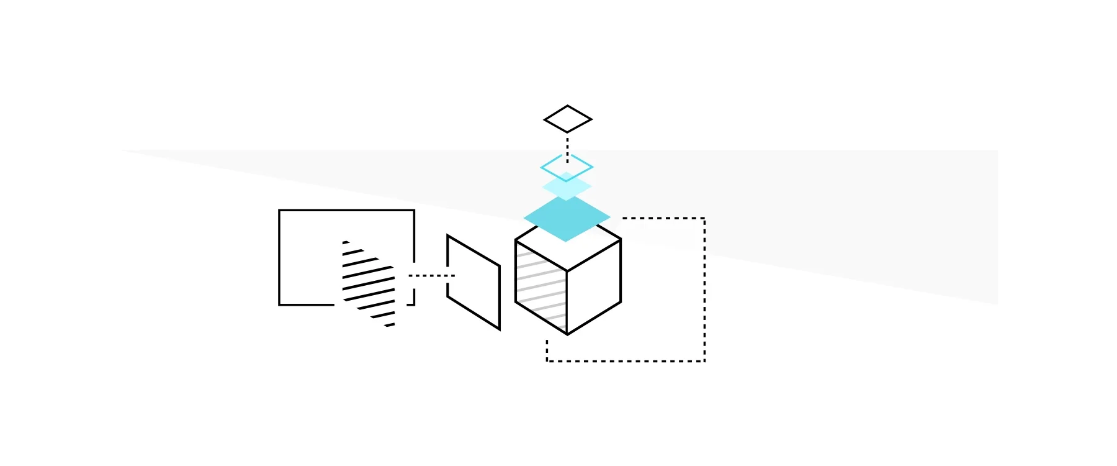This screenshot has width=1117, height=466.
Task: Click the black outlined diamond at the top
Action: [x=568, y=119]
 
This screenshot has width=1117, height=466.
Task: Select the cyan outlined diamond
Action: [x=567, y=167]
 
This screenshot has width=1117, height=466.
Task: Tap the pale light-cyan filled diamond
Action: [x=567, y=186]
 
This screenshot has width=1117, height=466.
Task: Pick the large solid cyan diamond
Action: [x=567, y=219]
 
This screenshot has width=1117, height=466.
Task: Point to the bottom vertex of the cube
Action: [x=567, y=334]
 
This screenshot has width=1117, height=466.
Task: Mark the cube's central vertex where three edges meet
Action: [x=567, y=271]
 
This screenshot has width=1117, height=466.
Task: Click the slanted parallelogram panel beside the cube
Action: [x=473, y=282]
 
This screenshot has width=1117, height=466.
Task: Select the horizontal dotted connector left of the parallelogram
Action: [x=431, y=275]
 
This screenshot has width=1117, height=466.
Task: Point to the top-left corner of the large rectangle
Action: [x=280, y=211]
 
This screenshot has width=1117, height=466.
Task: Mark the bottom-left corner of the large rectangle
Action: [x=280, y=304]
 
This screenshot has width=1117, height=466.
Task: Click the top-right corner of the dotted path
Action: [x=704, y=219]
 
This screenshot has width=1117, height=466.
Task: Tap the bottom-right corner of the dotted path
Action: [x=704, y=360]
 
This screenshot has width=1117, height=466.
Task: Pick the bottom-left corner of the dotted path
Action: [x=547, y=360]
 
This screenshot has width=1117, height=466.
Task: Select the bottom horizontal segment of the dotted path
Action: [x=626, y=360]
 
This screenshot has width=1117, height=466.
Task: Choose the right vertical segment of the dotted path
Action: [x=704, y=290]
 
